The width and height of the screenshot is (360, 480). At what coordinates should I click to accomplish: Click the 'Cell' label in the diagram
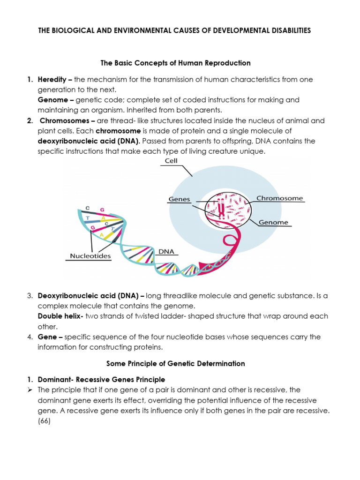(x=171, y=161)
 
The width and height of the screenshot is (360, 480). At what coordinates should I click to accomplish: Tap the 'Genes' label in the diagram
(x=179, y=199)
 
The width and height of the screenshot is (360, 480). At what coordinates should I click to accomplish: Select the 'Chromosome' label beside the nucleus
(x=280, y=198)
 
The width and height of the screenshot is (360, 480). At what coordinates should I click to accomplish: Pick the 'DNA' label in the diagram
(x=166, y=251)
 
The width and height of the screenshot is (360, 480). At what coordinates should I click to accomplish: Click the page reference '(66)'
(x=45, y=421)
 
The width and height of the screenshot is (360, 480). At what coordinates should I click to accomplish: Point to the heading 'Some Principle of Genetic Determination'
(x=176, y=363)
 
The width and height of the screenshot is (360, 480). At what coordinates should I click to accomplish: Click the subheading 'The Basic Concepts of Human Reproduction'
(x=176, y=63)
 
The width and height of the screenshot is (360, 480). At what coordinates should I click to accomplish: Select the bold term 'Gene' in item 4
(x=47, y=337)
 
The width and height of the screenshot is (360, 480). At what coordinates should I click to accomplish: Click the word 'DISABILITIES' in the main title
(x=285, y=30)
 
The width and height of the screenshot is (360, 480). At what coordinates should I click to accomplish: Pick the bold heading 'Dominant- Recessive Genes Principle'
(x=101, y=379)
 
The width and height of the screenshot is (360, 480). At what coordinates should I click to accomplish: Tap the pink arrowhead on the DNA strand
(x=208, y=265)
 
